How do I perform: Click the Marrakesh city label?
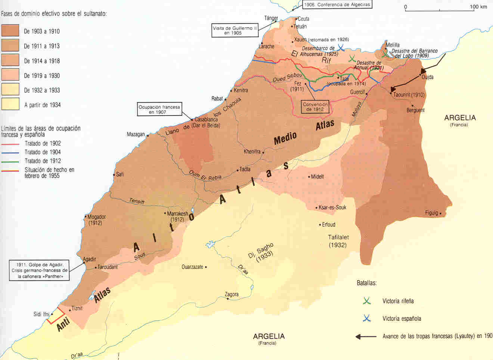tap(177, 214)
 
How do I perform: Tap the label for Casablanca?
tap(206, 120)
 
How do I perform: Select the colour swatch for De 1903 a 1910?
tap(10, 31)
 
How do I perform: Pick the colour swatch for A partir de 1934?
tap(10, 104)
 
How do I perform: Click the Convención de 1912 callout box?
tap(315, 107)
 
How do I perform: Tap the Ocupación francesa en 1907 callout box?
tap(159, 109)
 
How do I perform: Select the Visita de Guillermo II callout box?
tap(235, 30)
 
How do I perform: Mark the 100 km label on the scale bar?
tap(478, 7)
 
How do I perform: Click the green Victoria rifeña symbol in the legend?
tap(367, 301)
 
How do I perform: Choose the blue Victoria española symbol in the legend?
tap(367, 319)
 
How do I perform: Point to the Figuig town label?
tap(431, 213)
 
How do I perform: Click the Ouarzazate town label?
tap(192, 267)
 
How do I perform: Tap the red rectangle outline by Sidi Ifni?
tap(56, 316)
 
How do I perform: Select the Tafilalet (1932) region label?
tap(338, 241)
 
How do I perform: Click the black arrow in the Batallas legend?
tap(366, 336)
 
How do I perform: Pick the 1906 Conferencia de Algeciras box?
tap(337, 5)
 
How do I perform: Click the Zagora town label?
tap(232, 294)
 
